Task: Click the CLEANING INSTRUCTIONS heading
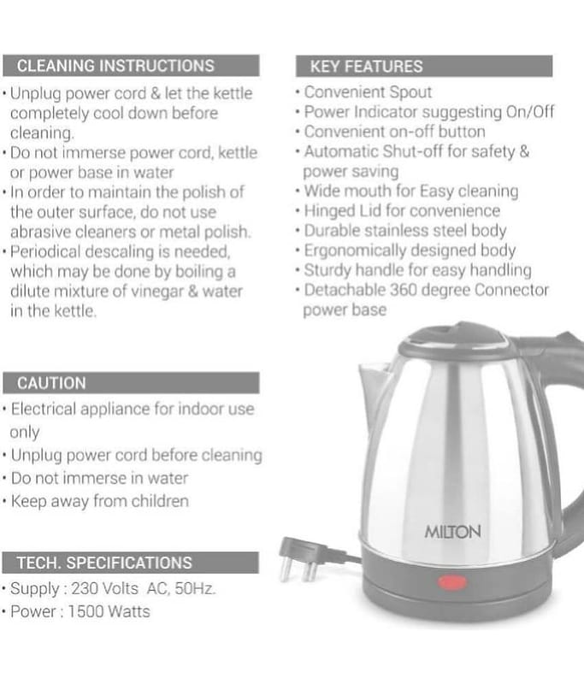click(x=115, y=66)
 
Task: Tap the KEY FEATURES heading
click(x=366, y=67)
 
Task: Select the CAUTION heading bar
click(x=131, y=383)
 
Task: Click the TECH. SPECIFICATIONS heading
click(x=104, y=563)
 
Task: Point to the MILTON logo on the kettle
click(x=452, y=532)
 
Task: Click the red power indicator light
click(x=452, y=582)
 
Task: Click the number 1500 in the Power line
click(x=85, y=611)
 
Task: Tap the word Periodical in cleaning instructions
click(x=46, y=251)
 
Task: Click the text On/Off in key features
click(x=530, y=112)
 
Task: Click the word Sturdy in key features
click(x=327, y=270)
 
